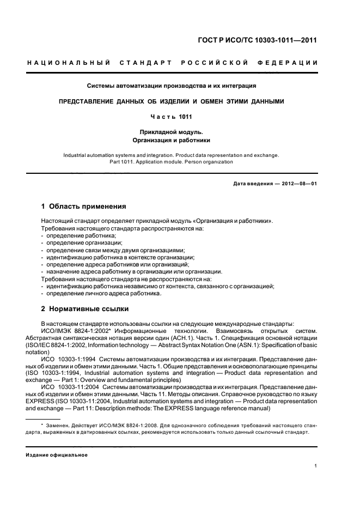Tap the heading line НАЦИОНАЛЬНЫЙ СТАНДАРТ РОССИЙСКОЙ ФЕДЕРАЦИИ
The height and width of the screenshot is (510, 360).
[x=172, y=64]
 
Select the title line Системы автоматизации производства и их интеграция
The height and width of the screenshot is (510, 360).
[x=172, y=86]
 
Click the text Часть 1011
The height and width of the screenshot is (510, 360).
[x=172, y=116]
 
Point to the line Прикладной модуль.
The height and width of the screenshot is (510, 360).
[x=172, y=131]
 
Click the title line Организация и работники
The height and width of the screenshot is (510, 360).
[x=172, y=140]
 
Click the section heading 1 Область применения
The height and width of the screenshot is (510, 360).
[x=84, y=207]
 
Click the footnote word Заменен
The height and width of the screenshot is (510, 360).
[x=57, y=424]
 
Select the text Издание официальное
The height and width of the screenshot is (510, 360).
[x=57, y=455]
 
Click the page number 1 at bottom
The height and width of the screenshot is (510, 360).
[x=315, y=466]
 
